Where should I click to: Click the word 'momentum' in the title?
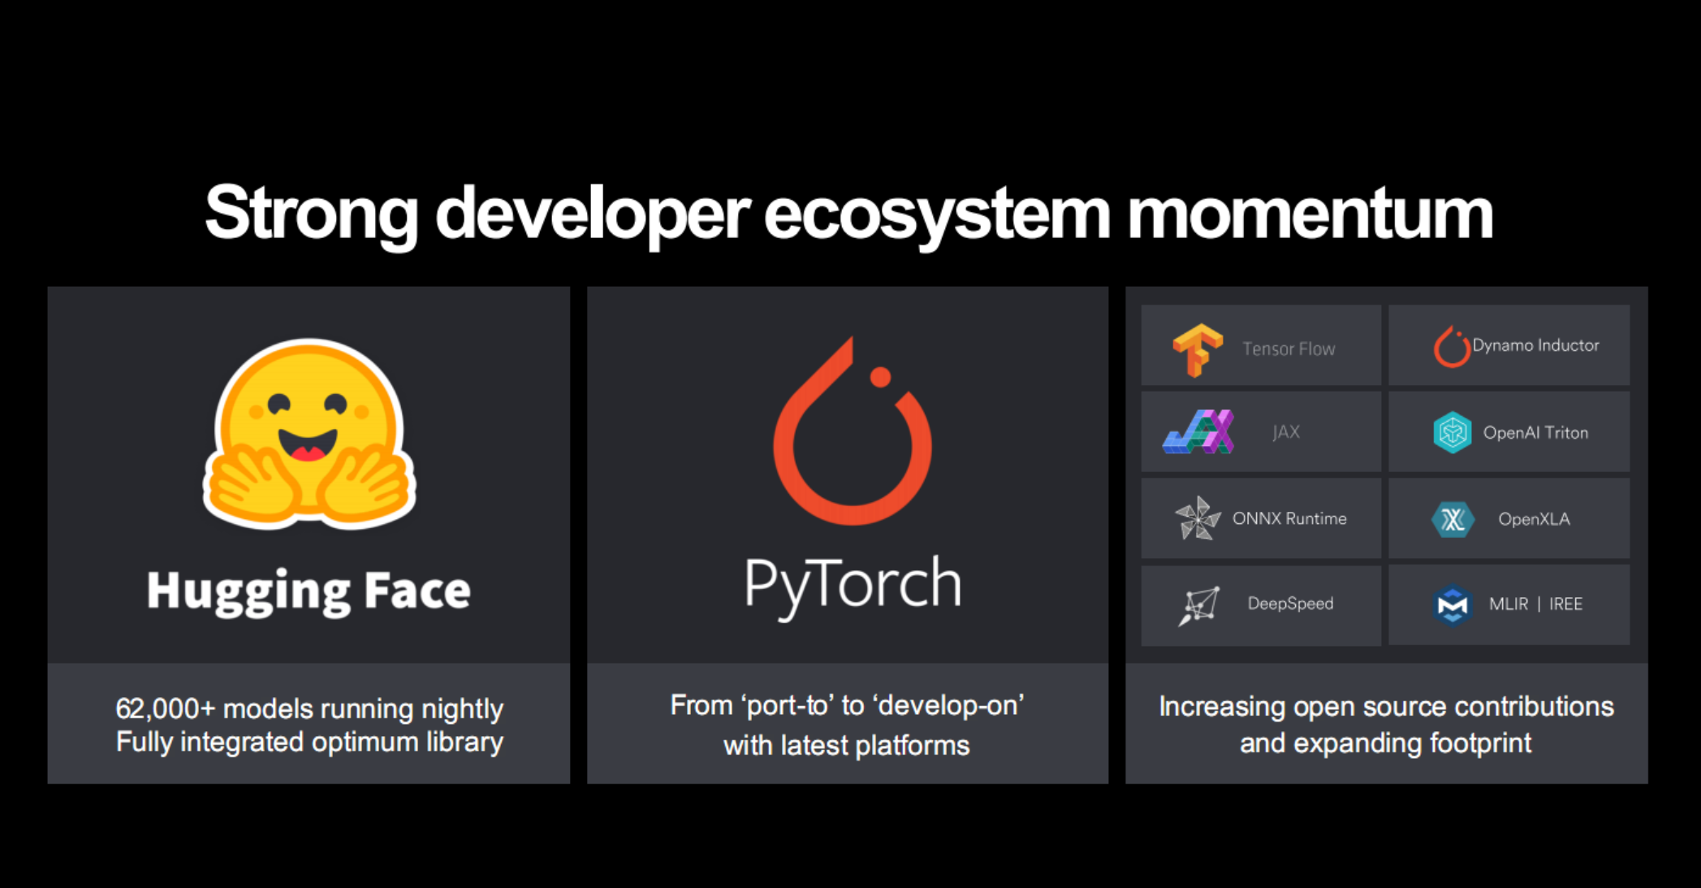click(1310, 214)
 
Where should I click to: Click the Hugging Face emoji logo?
click(309, 434)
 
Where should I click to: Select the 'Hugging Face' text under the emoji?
click(309, 591)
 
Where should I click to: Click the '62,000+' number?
click(166, 709)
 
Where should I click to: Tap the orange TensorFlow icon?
click(1198, 350)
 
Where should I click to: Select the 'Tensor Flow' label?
click(1289, 349)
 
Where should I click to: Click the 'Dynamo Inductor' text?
click(1535, 345)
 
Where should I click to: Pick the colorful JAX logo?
click(1198, 431)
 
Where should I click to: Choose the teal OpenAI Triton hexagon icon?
click(1452, 432)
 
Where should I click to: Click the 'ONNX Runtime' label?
click(1289, 518)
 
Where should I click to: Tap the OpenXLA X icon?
click(1453, 519)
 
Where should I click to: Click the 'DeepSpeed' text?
click(1290, 604)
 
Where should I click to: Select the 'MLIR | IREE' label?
click(1535, 604)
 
